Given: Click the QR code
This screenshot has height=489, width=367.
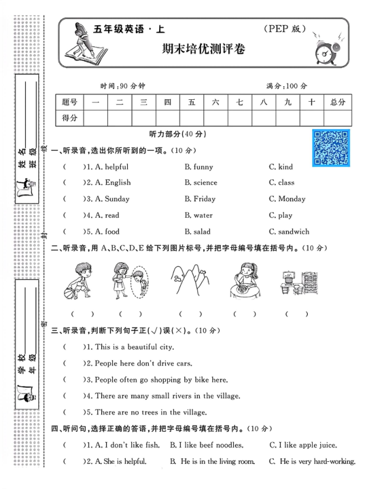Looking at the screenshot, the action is click(331, 148).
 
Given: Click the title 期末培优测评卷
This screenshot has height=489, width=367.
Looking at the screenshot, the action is click(203, 49).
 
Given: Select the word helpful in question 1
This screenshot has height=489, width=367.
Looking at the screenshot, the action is click(117, 167).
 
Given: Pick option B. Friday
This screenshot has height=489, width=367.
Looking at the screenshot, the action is click(200, 199).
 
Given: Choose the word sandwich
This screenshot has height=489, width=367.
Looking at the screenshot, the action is click(294, 232).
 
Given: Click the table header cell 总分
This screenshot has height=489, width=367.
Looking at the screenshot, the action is click(337, 102).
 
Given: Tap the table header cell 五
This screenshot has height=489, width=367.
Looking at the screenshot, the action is click(192, 102).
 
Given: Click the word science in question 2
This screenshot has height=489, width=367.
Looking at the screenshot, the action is click(205, 183).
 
